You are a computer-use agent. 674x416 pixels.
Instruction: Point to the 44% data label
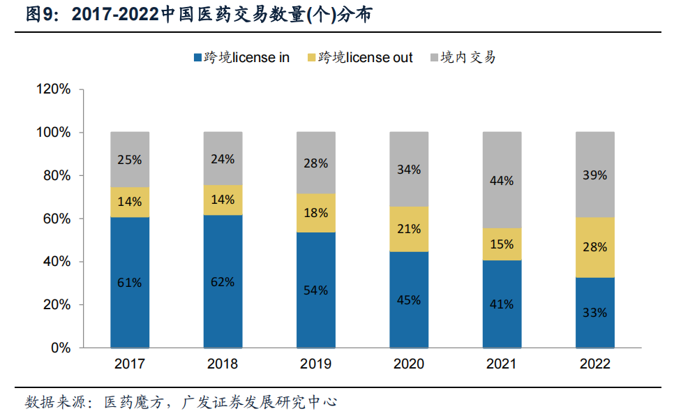point(502,181)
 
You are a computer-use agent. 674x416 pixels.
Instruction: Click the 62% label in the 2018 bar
point(223,282)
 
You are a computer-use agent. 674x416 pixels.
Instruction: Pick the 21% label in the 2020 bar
point(408,229)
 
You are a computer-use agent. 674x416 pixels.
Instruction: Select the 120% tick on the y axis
point(54,89)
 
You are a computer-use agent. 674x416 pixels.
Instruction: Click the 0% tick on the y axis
point(62,348)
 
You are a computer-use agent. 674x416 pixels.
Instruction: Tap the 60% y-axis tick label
point(57,218)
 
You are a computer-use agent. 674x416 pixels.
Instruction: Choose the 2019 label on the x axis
point(315,364)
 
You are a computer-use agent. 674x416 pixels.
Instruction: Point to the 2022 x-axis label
point(594,364)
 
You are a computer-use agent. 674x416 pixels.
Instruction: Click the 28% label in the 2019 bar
point(315,163)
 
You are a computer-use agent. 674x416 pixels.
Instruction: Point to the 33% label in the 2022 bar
point(594,313)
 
